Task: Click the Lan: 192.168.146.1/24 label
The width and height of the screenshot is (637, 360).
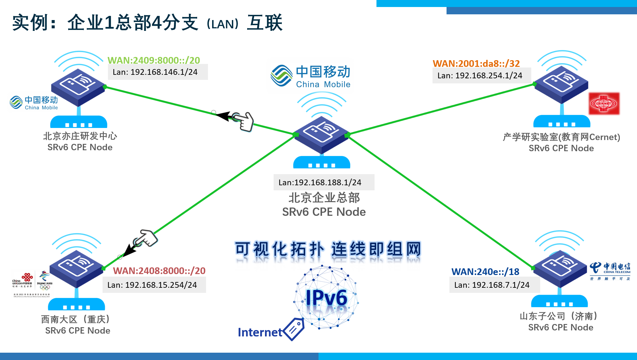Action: [x=158, y=72]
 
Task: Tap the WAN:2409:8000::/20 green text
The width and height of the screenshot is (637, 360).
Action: [x=154, y=60]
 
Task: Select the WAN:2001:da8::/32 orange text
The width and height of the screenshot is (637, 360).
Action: [x=476, y=63]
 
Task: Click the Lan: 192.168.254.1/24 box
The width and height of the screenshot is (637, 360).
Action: [x=481, y=76]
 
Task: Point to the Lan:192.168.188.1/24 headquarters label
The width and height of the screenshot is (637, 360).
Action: [x=323, y=182]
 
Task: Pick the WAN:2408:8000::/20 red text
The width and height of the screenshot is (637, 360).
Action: [x=159, y=271]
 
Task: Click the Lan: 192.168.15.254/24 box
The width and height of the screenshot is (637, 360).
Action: [x=154, y=285]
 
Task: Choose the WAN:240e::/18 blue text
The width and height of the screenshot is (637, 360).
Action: [x=485, y=272]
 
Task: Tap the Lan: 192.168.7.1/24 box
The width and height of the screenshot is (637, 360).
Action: [x=494, y=285]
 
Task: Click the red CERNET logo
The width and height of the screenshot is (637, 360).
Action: [x=604, y=104]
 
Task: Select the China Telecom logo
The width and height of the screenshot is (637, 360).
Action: [x=610, y=271]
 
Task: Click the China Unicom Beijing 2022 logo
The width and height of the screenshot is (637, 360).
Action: [x=32, y=283]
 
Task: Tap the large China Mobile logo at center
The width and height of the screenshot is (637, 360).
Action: [x=310, y=76]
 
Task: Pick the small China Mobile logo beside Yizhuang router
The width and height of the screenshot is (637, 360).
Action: [x=33, y=102]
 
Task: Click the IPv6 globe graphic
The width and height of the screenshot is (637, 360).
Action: [x=326, y=298]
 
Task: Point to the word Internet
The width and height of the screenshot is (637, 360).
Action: [x=260, y=332]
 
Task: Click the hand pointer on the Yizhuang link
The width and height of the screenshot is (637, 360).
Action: [x=244, y=121]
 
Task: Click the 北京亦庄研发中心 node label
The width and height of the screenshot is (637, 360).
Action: [x=80, y=136]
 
